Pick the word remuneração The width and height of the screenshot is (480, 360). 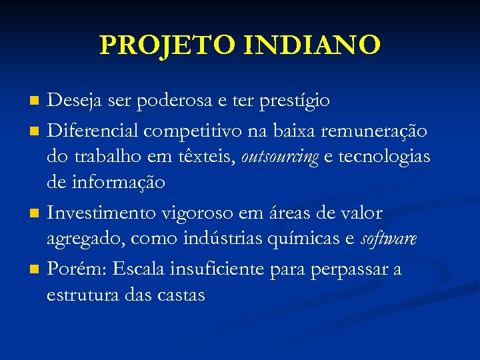tap(375, 131)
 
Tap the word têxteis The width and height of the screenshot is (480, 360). tap(203, 157)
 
